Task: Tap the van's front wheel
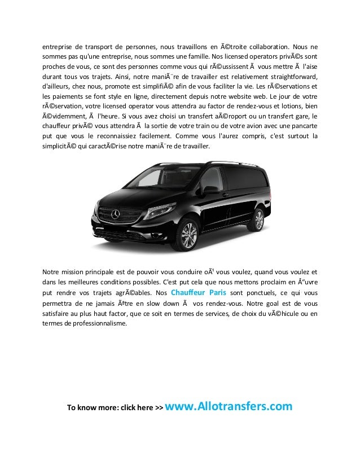188,235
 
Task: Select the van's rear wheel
258,219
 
